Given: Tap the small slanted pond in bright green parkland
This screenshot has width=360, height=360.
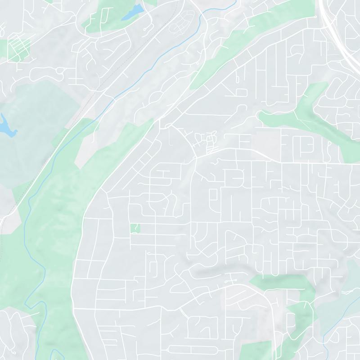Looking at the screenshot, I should click(x=133, y=13).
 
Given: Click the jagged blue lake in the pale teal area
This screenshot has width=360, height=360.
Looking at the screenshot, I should click(x=7, y=126).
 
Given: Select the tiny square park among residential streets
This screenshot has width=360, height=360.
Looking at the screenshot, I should click(x=135, y=228).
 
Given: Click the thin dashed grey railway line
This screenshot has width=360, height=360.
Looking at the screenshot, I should click(x=90, y=99).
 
